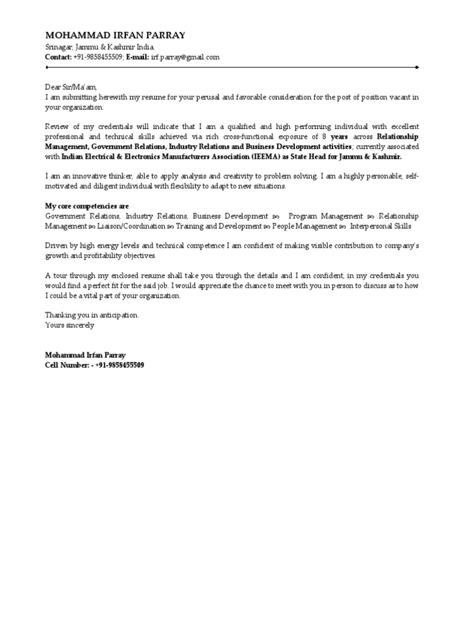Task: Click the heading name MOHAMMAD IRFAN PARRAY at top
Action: tap(116, 35)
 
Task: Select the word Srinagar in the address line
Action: tap(59, 47)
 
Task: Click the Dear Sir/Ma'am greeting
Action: tap(71, 87)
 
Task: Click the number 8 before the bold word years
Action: tap(325, 137)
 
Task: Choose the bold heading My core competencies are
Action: tap(87, 206)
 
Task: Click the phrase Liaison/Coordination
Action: tap(131, 226)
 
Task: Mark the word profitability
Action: tap(92, 256)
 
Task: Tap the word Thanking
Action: tap(60, 315)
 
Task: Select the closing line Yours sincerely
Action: tap(70, 325)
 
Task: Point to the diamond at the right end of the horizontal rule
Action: tap(417, 67)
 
